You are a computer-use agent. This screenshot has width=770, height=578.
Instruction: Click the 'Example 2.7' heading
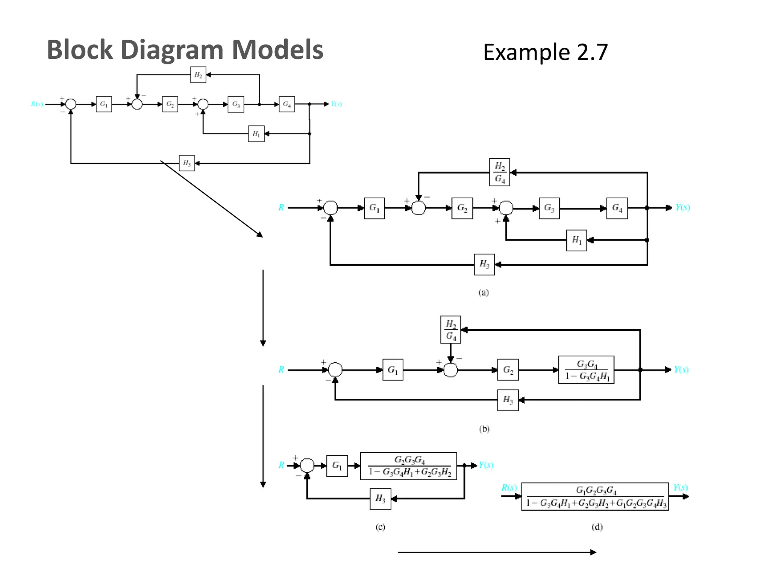(545, 52)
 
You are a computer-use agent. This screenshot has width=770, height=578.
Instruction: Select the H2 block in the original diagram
(198, 75)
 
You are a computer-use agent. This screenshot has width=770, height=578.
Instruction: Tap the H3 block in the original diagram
(187, 163)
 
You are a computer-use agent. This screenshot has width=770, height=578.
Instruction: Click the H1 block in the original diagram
(256, 134)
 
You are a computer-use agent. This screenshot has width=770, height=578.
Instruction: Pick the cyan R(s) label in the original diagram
(37, 104)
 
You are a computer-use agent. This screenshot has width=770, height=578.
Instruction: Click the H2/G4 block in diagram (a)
(500, 172)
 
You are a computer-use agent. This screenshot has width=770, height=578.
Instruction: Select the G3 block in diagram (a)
(549, 208)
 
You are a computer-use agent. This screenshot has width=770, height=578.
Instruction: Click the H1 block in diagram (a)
(576, 240)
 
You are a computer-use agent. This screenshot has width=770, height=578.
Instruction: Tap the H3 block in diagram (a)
(484, 265)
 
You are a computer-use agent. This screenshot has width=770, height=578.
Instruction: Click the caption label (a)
(484, 293)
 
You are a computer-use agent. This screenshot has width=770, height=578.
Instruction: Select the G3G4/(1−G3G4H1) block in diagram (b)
(586, 370)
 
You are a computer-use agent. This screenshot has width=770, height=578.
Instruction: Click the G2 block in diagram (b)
(508, 370)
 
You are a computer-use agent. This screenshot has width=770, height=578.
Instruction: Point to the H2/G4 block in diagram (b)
(450, 330)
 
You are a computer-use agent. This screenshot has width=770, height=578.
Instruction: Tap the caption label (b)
(484, 429)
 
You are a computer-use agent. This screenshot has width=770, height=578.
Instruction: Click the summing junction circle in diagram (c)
(307, 465)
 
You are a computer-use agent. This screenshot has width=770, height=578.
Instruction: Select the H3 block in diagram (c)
(380, 499)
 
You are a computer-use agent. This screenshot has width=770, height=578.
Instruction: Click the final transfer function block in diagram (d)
(595, 497)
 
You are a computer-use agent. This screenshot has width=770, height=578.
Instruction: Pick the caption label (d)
(597, 527)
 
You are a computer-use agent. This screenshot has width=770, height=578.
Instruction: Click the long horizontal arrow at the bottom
(496, 552)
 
